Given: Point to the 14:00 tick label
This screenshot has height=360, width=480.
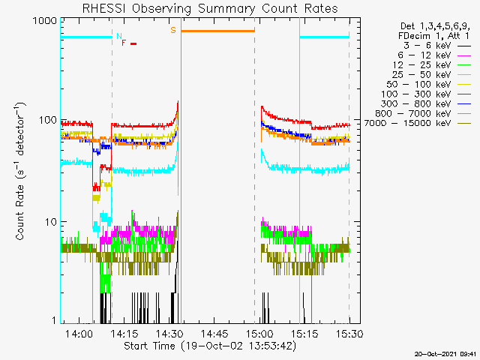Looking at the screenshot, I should pyautogui.click(x=79, y=333).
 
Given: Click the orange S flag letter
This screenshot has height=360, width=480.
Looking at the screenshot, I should pyautogui.click(x=173, y=30).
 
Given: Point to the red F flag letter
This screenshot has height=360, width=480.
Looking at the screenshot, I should pyautogui.click(x=124, y=43).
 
